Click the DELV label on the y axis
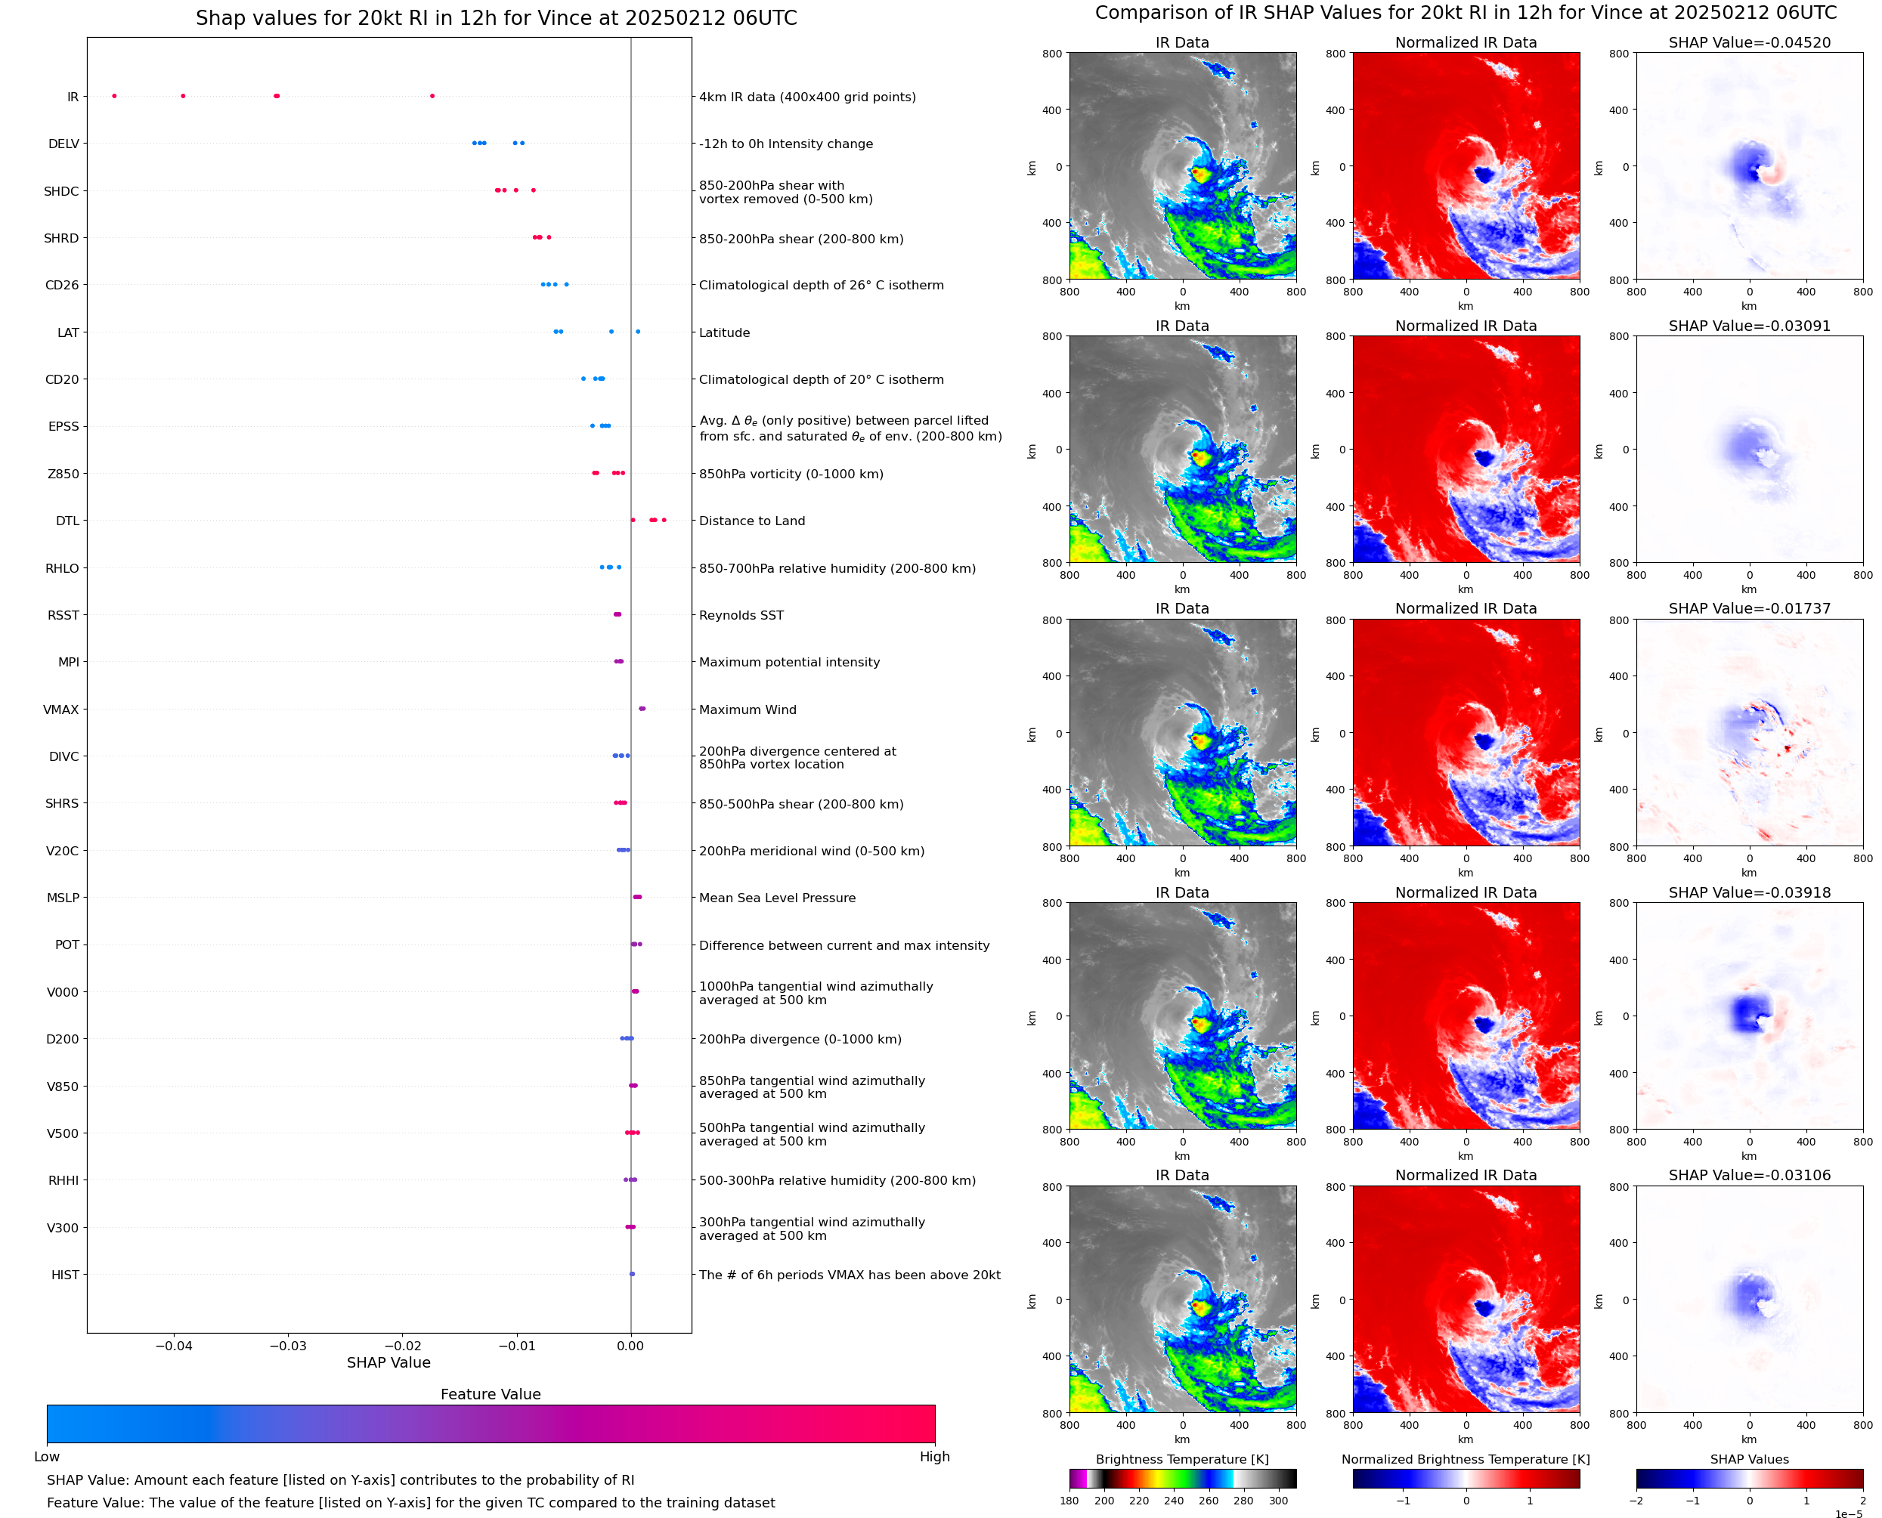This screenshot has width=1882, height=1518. pos(63,144)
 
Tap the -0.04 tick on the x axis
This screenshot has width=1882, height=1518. pos(174,1346)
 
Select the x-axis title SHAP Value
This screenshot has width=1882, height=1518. pos(388,1362)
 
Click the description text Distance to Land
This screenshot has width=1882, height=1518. pos(751,521)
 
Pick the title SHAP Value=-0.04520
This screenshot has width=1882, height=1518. pos(1749,43)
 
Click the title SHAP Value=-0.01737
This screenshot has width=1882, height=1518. pos(1749,608)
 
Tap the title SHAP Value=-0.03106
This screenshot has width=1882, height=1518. pos(1749,1175)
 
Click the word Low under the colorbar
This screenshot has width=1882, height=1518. pos(47,1457)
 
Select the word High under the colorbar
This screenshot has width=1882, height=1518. pos(934,1457)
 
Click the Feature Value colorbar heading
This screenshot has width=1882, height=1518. pos(491,1394)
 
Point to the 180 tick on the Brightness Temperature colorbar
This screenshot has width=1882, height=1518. pos(1069,1501)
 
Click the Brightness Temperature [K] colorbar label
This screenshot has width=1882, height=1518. pos(1181,1459)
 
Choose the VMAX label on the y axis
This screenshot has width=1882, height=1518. pos(61,710)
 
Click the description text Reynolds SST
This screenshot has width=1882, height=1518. pos(741,616)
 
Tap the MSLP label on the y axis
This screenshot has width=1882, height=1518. pos(63,898)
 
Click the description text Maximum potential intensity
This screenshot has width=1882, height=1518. pos(789,663)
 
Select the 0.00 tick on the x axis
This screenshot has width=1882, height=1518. pos(630,1346)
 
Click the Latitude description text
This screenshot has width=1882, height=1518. pos(724,333)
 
